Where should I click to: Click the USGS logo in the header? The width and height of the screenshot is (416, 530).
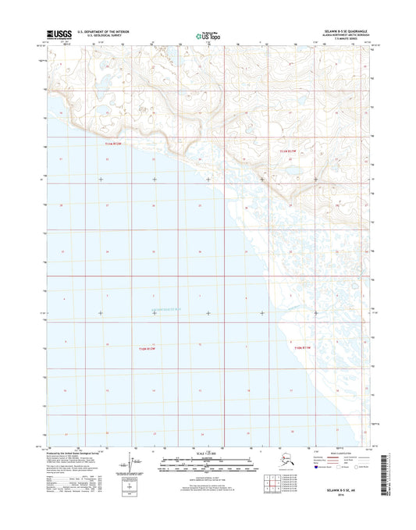(x=59, y=34)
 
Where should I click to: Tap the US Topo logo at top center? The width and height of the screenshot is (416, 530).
(x=208, y=34)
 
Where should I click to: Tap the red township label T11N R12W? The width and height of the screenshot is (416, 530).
(x=115, y=144)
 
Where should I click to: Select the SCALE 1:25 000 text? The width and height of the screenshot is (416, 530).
(x=208, y=454)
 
